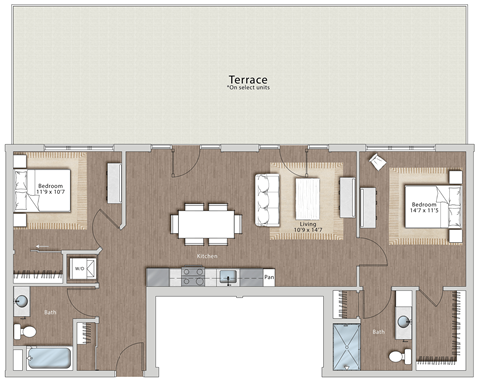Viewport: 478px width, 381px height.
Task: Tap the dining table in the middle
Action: point(207,222)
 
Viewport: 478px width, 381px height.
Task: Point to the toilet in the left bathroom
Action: point(25,329)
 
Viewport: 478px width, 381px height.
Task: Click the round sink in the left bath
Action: point(22,300)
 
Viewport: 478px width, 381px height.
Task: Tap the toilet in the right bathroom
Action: point(398,354)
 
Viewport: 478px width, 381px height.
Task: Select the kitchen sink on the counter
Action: point(228,276)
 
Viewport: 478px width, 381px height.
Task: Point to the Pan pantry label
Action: point(269,276)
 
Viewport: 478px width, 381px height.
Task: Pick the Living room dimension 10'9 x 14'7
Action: point(308,229)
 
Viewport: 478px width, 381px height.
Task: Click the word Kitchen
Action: point(207,257)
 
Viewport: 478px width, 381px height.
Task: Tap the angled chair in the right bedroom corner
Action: point(377,162)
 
